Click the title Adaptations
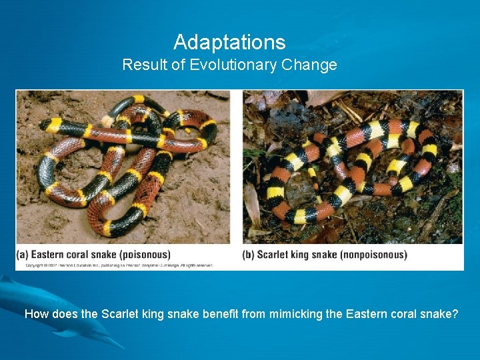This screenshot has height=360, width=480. tap(229, 43)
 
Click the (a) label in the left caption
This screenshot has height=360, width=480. tap(23, 254)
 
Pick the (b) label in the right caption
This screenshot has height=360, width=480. tap(249, 254)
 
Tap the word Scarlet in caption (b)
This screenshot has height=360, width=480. tap(273, 254)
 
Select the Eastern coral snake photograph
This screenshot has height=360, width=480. tap(123, 167)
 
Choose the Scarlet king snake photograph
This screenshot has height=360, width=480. tap(353, 167)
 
